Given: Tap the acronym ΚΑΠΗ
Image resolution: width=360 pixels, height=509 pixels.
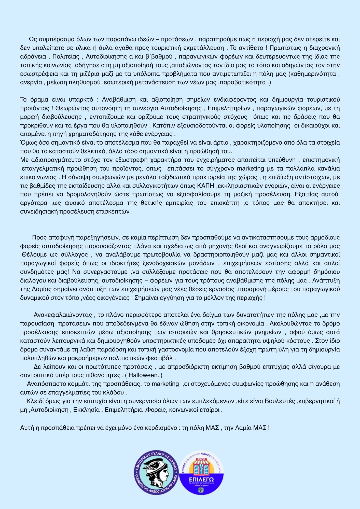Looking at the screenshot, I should click(206, 186).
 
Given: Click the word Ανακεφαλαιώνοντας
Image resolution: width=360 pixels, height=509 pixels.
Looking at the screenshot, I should click(63, 315).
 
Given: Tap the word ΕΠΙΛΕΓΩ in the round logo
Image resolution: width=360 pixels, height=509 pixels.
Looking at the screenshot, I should click(201, 480).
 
